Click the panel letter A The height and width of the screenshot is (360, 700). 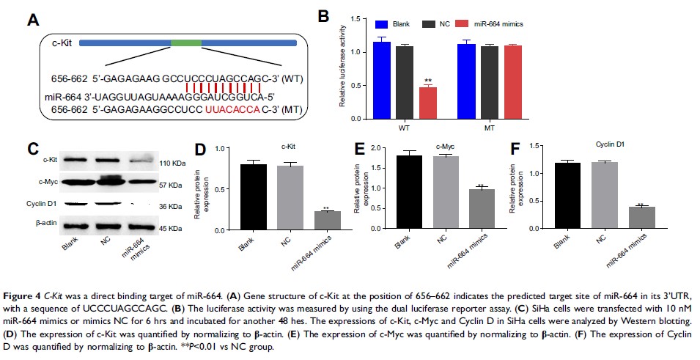[x=32, y=20]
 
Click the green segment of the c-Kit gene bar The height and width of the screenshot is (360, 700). [x=185, y=43]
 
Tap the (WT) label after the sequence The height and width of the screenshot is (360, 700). [x=282, y=78]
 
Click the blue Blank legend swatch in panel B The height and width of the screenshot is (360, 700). [x=380, y=23]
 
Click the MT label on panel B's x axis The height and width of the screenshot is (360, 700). [x=488, y=129]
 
